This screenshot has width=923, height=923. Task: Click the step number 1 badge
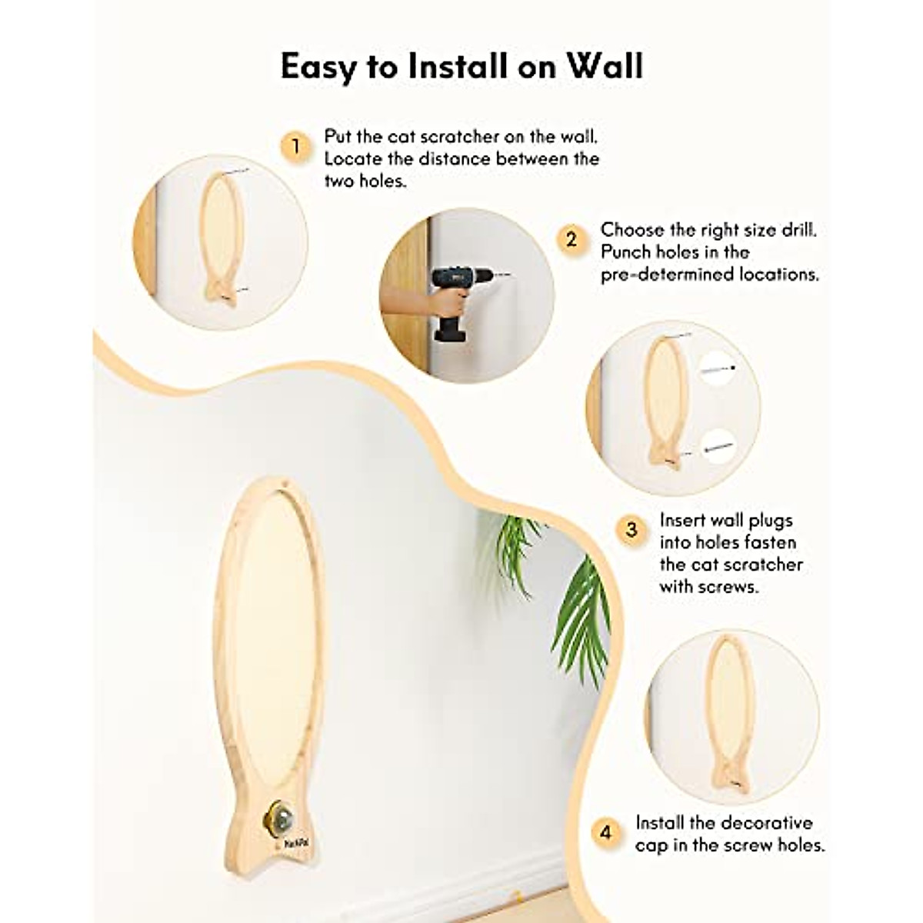click(x=296, y=145)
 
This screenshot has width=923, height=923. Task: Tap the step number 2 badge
click(x=571, y=239)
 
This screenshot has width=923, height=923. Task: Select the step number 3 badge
click(x=631, y=529)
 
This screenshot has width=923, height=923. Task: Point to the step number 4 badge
click(x=607, y=832)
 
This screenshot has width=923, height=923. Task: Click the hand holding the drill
click(x=431, y=300)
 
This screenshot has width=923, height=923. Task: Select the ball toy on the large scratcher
click(x=278, y=816)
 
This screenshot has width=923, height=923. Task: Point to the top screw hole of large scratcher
click(x=285, y=485)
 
